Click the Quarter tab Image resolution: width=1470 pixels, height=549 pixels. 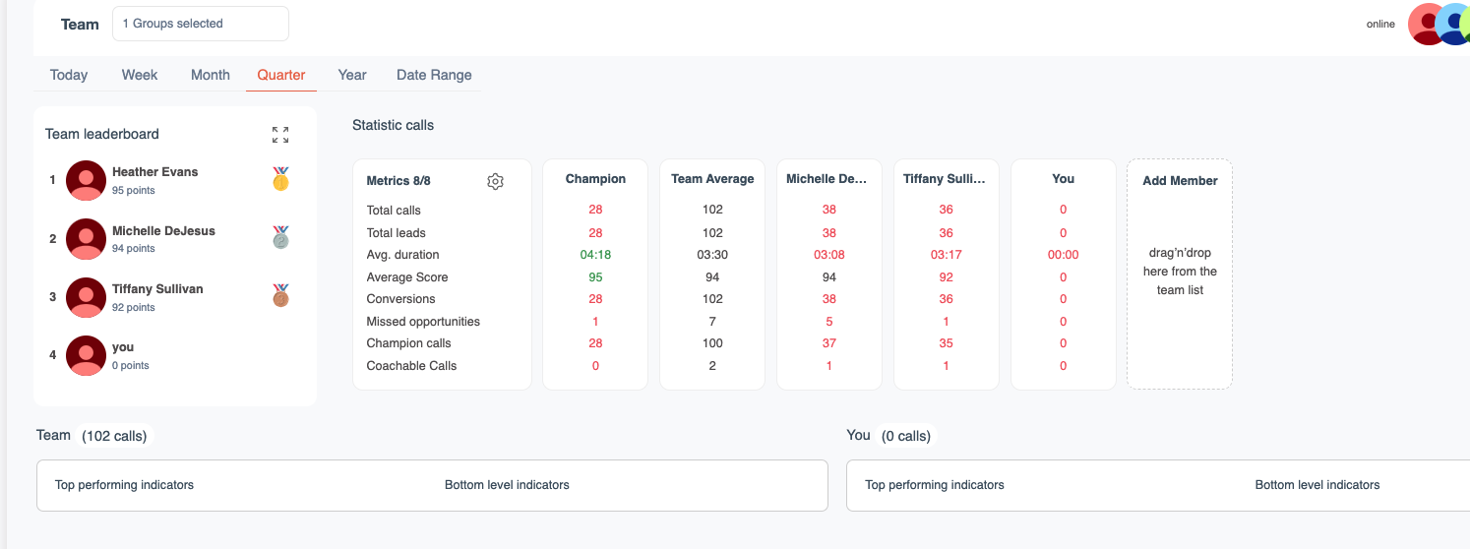pos(281,75)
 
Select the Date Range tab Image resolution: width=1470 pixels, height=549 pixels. pos(434,75)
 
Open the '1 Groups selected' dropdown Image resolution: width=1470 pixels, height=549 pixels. pos(201,24)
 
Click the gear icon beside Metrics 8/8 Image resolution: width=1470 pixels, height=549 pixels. pos(495,181)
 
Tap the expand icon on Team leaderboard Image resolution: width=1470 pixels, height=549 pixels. pos(280,135)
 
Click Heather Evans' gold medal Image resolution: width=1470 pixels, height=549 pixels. pos(281,179)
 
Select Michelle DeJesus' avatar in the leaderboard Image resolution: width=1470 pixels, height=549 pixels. pos(86,239)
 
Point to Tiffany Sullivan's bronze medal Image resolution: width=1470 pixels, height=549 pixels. pos(281,296)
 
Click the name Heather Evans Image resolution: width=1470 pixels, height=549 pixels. pos(154,172)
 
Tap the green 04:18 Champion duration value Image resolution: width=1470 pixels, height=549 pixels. pos(595,255)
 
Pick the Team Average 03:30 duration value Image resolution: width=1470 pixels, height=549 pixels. pos(712,255)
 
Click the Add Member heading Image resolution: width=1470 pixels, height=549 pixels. pos(1180,181)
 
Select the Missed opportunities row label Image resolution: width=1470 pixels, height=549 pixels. pos(423,322)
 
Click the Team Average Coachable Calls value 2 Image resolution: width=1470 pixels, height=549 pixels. pos(712,366)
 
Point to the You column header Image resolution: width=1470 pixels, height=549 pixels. pos(1063,179)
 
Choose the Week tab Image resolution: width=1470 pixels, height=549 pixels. pos(140,75)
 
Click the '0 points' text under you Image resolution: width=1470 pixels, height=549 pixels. pos(131,366)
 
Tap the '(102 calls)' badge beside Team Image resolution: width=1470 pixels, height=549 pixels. pos(115,436)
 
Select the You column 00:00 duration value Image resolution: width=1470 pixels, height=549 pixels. pos(1063,255)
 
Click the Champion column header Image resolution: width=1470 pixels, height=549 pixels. pos(595,179)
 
